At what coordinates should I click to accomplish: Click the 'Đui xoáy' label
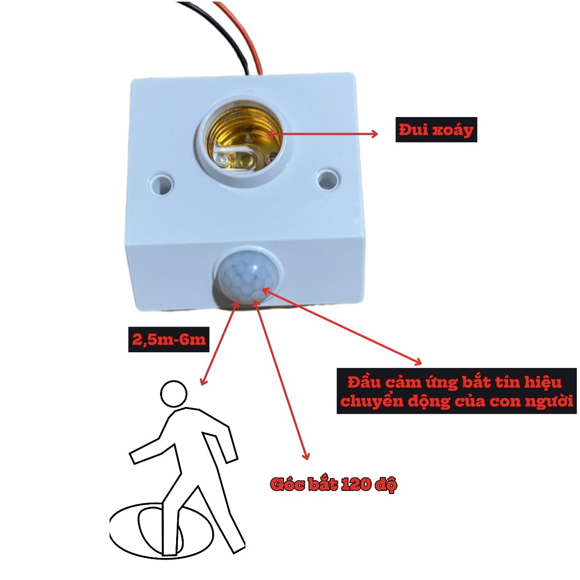click(x=436, y=130)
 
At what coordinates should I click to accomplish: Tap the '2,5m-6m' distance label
click(x=169, y=339)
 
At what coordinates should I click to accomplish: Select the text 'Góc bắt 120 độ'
click(x=334, y=484)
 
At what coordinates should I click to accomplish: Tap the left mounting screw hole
click(x=161, y=183)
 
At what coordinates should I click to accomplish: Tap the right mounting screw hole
click(x=328, y=179)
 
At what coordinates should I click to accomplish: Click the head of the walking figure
click(x=173, y=394)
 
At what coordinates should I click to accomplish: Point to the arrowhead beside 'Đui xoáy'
click(x=374, y=134)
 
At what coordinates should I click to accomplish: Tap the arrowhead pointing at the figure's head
click(x=203, y=381)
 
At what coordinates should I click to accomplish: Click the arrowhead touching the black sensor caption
click(x=417, y=361)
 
